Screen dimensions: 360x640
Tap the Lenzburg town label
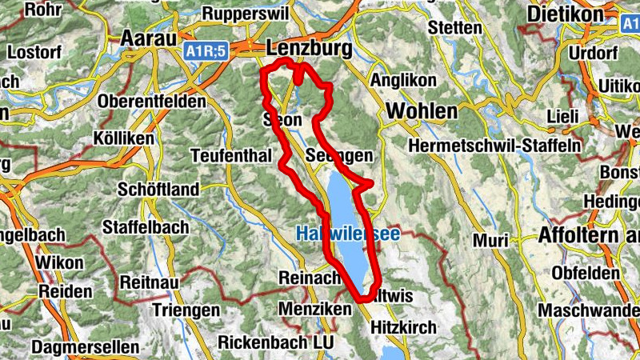click(x=310, y=49)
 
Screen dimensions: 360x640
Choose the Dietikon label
click(x=565, y=15)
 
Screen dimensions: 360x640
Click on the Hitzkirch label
click(x=403, y=327)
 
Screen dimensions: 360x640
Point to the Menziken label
click(x=314, y=308)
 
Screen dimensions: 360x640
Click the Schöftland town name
click(x=158, y=190)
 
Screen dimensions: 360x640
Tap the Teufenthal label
click(x=231, y=155)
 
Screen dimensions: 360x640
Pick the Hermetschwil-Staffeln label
click(x=494, y=146)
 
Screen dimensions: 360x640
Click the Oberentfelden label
click(x=151, y=102)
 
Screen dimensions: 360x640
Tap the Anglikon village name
click(x=404, y=81)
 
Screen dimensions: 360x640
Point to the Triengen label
click(x=186, y=310)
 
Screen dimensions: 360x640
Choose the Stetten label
click(x=455, y=28)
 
